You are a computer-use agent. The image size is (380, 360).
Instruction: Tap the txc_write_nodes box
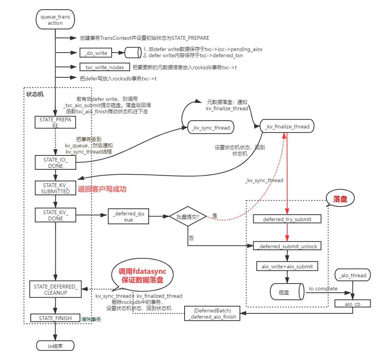[x=102, y=67]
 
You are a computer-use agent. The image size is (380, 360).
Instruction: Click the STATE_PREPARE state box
[x=55, y=123]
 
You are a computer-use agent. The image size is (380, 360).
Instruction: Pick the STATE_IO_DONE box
[x=55, y=162]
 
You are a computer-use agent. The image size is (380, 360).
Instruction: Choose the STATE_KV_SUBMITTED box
[x=55, y=188]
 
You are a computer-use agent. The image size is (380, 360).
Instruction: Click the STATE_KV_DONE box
[x=55, y=215]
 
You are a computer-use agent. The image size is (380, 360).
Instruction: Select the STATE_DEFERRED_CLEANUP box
[x=55, y=290]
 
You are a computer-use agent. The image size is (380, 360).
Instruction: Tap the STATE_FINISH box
[x=55, y=318]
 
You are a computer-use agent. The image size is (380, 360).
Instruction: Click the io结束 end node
[x=55, y=346]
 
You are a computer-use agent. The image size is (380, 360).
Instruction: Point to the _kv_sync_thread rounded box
[x=211, y=128]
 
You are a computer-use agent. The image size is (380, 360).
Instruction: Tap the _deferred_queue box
[x=129, y=217]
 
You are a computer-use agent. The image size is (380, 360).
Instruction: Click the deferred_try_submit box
[x=287, y=219]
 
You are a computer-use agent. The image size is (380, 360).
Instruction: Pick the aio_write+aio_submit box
[x=287, y=266]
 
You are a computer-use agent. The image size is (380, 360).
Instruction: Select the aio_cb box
[x=352, y=304]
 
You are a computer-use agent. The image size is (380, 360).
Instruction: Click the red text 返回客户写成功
[x=102, y=189]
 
